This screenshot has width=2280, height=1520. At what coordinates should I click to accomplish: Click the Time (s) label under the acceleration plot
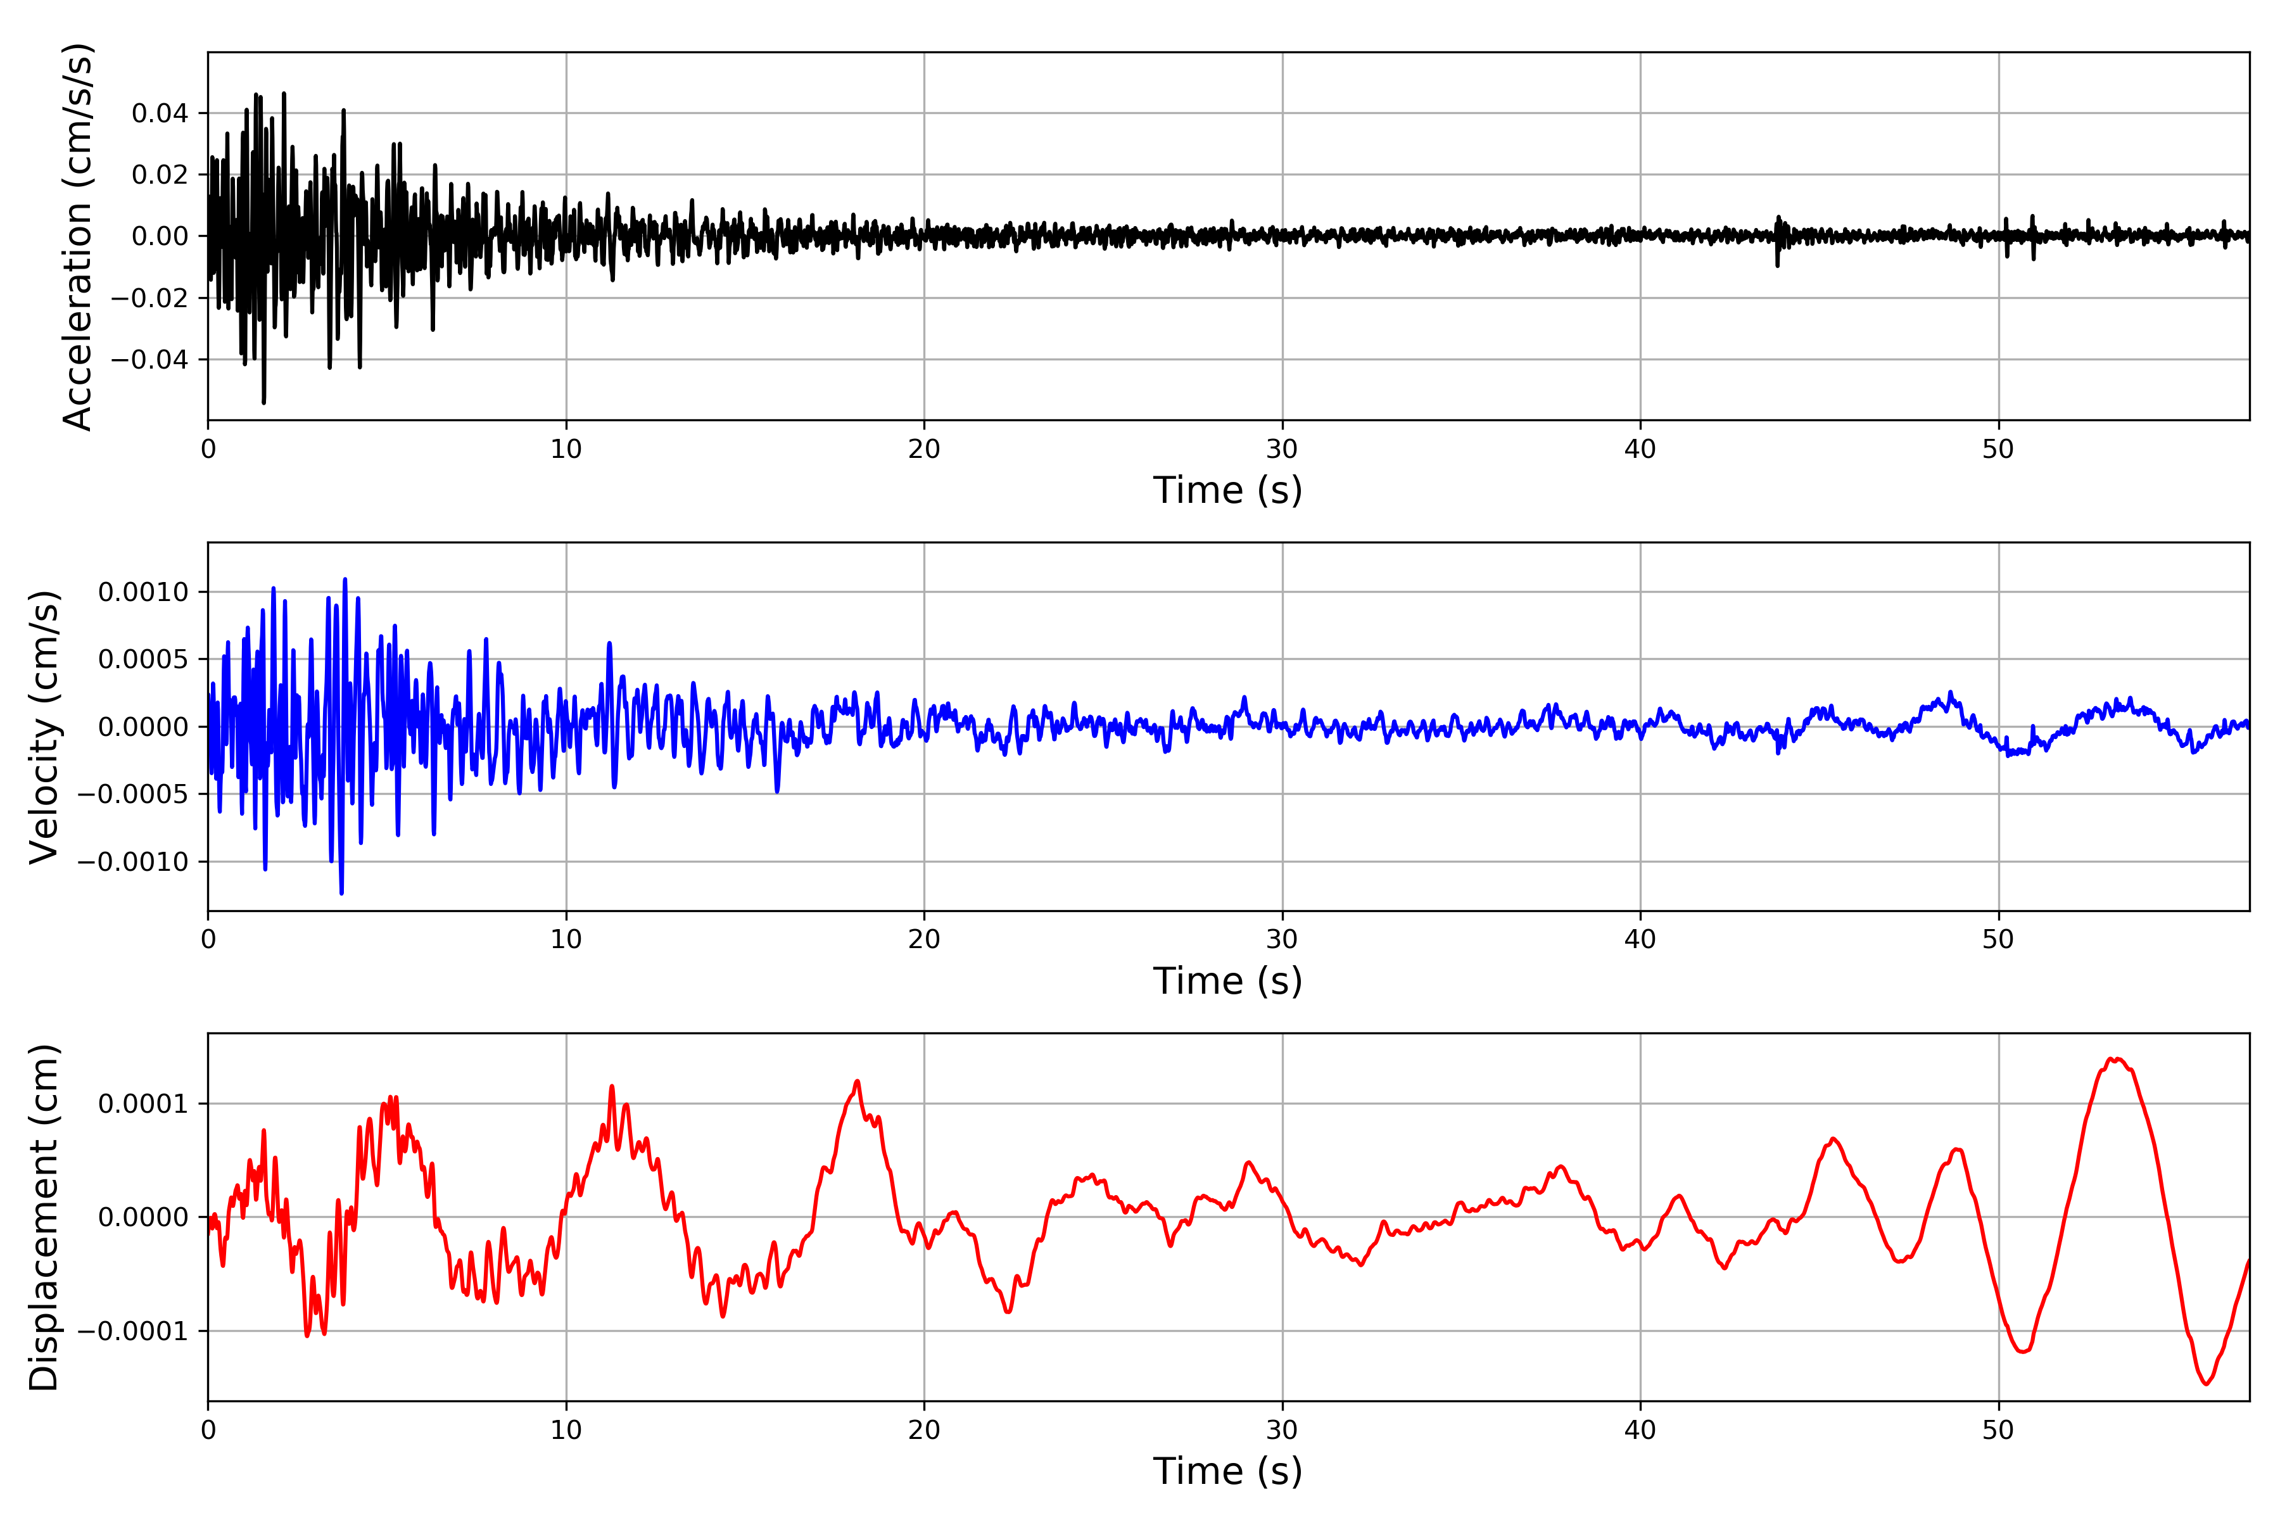click(1227, 490)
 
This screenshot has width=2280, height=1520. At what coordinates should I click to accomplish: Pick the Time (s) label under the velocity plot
click(1227, 981)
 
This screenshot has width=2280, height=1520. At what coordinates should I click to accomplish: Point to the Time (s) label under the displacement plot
click(1227, 1471)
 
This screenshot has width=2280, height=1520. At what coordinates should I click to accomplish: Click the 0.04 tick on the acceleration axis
click(160, 113)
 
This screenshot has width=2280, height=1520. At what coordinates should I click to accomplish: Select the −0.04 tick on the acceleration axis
click(149, 360)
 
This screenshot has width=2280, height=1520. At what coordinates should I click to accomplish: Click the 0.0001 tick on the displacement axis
click(144, 1104)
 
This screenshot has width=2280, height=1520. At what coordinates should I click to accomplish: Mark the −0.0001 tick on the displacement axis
click(133, 1331)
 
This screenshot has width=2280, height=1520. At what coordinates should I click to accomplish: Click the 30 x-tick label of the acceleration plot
click(1281, 450)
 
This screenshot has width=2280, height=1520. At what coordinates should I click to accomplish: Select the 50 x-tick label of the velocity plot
click(1998, 939)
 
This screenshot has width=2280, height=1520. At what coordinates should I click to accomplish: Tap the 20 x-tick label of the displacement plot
click(924, 1430)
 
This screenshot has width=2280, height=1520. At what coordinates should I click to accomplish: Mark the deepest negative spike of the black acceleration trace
click(263, 402)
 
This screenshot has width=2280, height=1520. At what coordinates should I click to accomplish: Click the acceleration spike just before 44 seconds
click(1778, 263)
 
